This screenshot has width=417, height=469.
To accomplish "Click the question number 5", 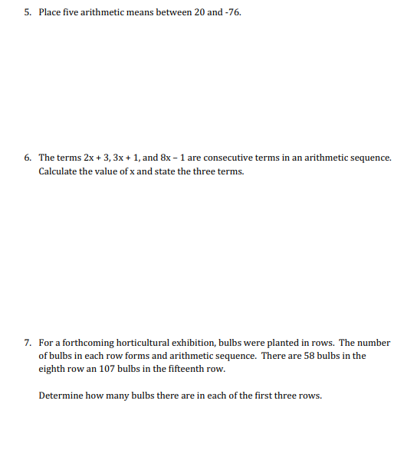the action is pyautogui.click(x=26, y=14).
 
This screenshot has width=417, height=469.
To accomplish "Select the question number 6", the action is pyautogui.click(x=26, y=158).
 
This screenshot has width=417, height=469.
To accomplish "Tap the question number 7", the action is pyautogui.click(x=26, y=343).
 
